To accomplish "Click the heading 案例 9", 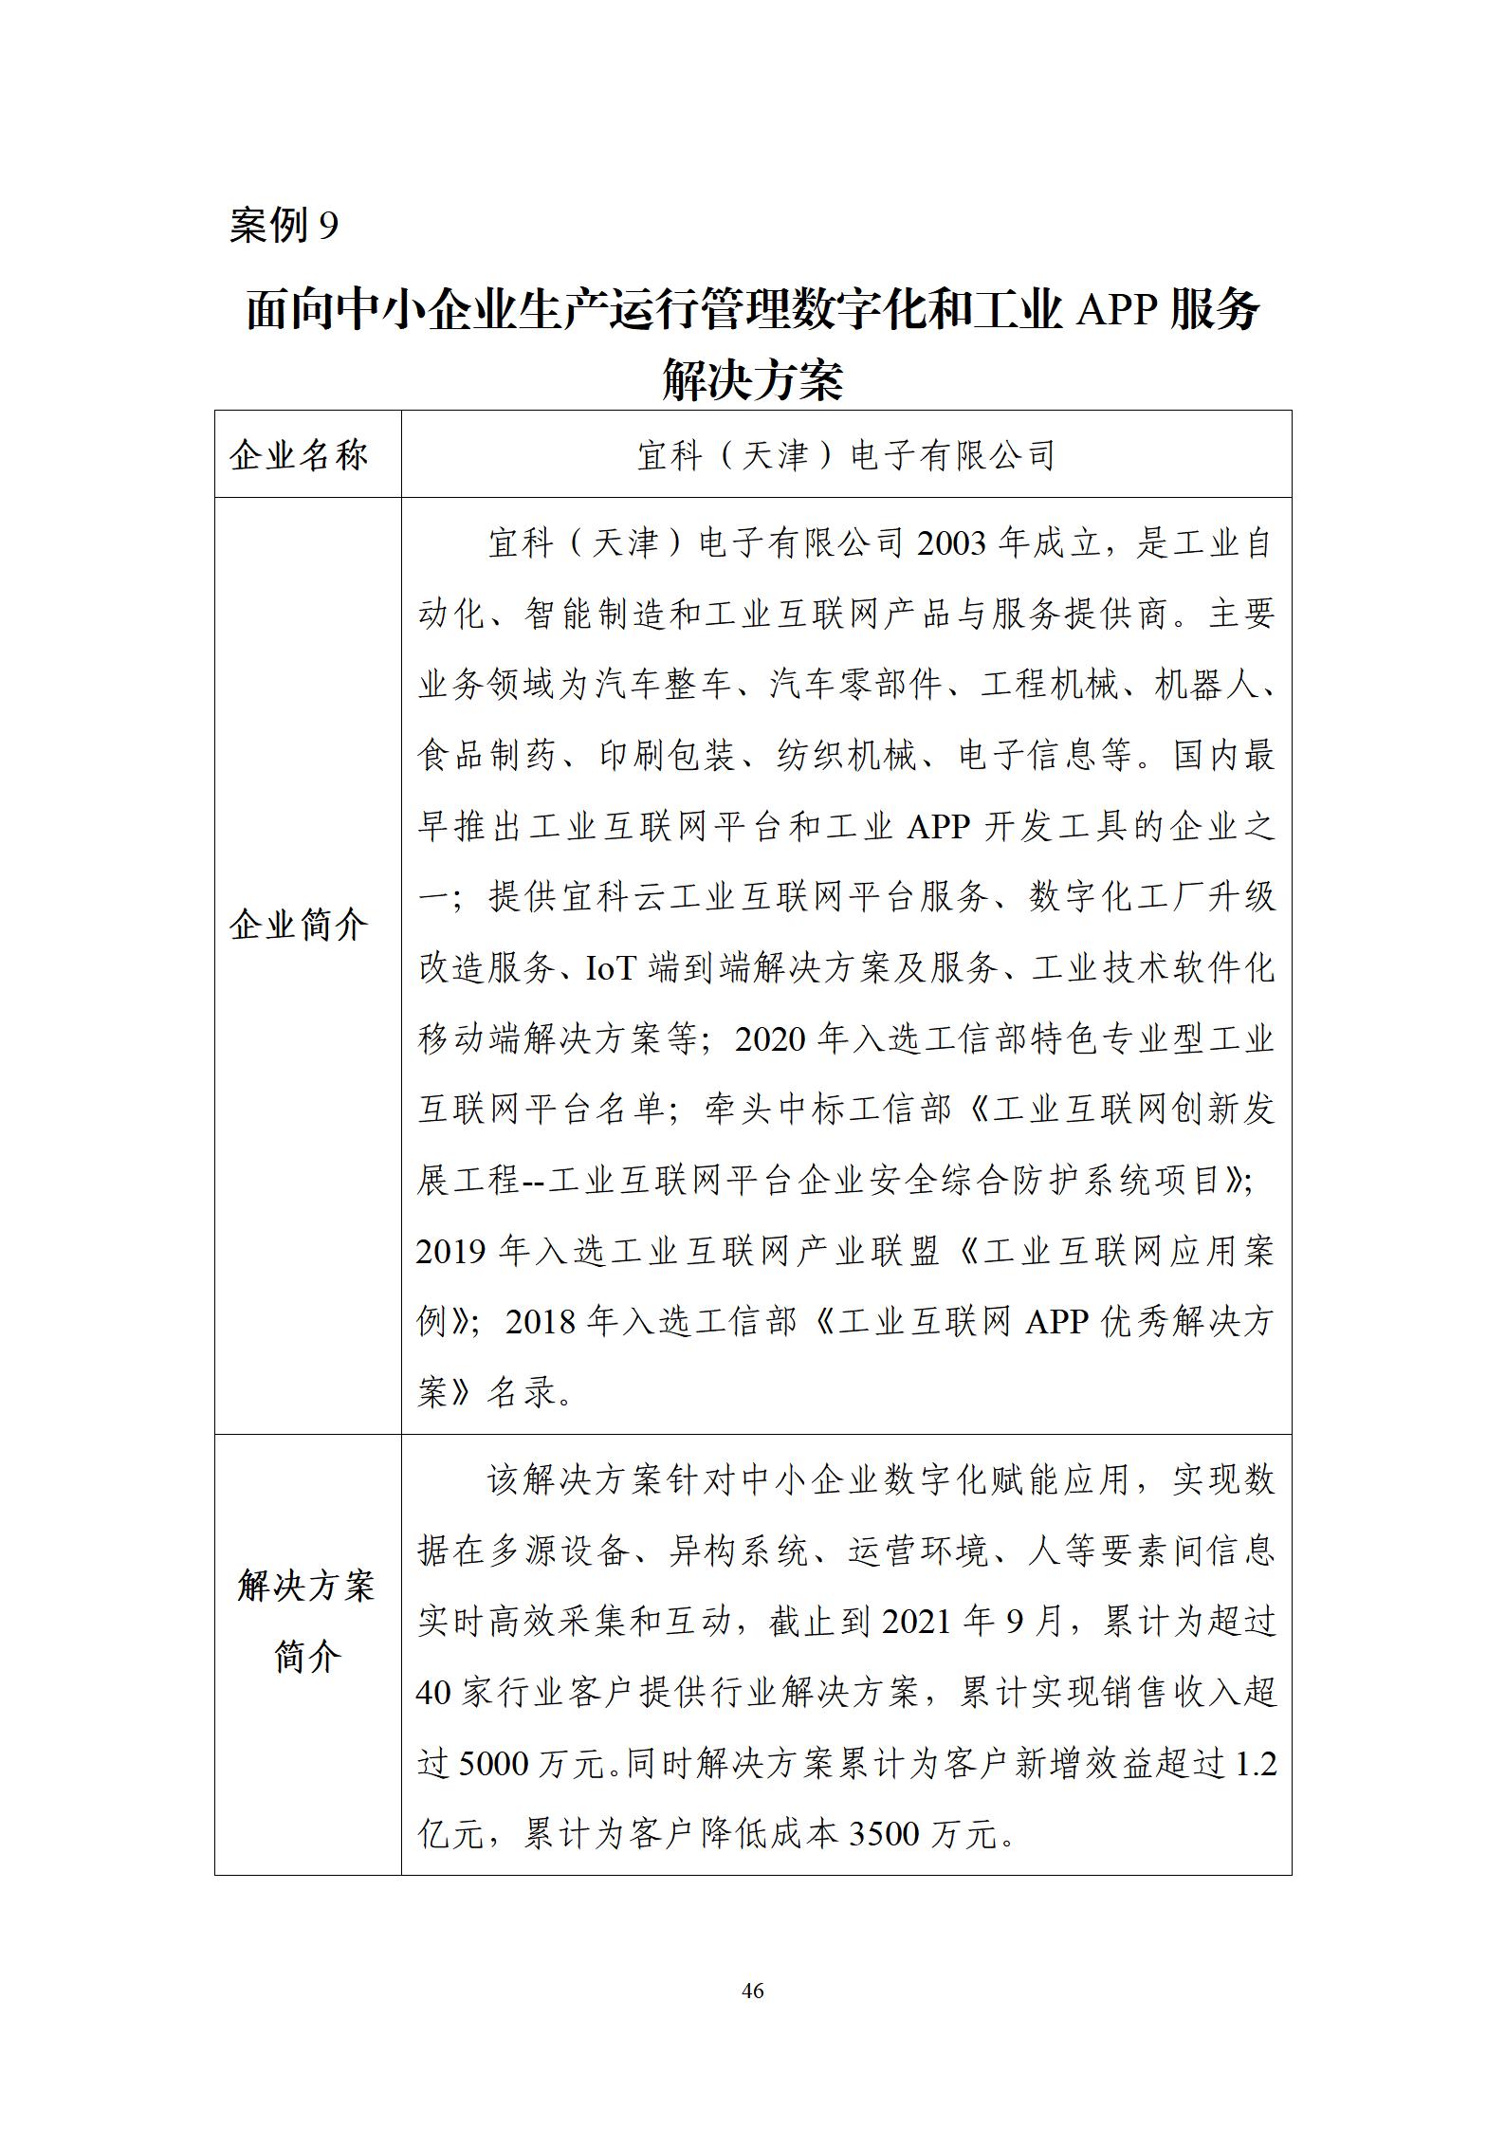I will click(284, 226).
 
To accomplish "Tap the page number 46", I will click(752, 1990).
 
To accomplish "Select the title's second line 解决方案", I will click(752, 378).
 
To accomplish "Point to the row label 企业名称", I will click(299, 455).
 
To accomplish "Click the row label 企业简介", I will click(299, 924).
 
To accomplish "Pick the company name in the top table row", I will click(846, 455).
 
